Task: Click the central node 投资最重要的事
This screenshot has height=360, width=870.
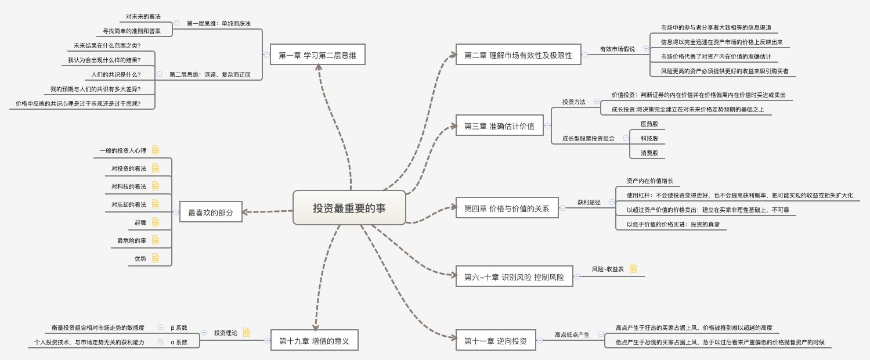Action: tap(349, 207)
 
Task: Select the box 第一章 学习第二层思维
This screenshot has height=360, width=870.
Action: tap(317, 55)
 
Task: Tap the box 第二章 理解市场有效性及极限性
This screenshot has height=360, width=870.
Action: tap(518, 55)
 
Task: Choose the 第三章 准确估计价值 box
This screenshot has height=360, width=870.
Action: tap(499, 125)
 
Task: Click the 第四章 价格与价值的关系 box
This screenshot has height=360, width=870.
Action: tap(507, 208)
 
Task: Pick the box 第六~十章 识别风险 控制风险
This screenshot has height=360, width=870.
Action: tap(514, 277)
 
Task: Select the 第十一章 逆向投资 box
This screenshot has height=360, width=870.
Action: tap(495, 341)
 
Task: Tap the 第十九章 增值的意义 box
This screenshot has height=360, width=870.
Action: tap(314, 340)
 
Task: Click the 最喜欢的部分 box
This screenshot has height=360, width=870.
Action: tap(210, 213)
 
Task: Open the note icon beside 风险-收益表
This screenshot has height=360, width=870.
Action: tap(633, 268)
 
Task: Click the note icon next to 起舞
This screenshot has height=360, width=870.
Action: tap(156, 222)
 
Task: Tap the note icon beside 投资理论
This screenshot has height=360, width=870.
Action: tap(247, 332)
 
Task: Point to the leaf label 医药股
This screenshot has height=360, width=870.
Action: tap(649, 124)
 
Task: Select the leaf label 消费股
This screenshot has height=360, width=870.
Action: tap(649, 153)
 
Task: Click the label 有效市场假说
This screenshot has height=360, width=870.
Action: tap(617, 49)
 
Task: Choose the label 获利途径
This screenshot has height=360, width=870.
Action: tap(589, 202)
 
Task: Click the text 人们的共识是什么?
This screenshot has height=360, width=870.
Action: tap(115, 74)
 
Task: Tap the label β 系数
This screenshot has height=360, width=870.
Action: tap(179, 327)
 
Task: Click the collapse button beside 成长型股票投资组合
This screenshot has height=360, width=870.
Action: tap(626, 138)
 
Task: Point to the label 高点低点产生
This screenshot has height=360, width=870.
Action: tap(572, 334)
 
